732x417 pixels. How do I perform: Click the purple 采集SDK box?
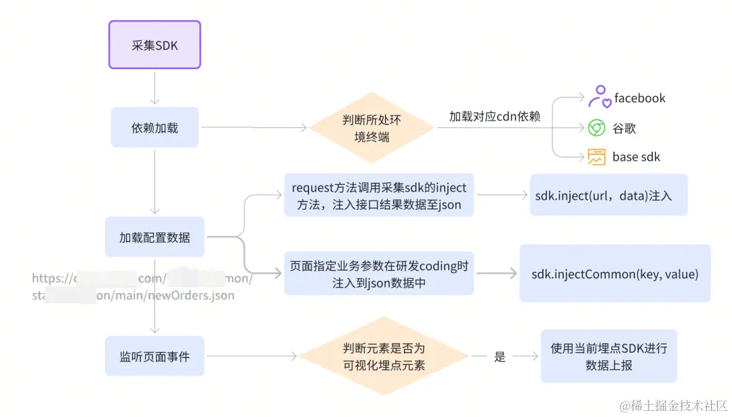(x=155, y=45)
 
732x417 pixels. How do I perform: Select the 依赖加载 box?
(x=155, y=127)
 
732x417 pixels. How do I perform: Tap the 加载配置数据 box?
(x=155, y=238)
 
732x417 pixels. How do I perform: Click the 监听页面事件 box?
(x=155, y=356)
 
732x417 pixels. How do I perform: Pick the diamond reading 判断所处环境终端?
(x=371, y=127)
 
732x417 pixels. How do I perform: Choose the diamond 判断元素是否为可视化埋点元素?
(x=384, y=356)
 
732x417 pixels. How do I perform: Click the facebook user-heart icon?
(x=598, y=97)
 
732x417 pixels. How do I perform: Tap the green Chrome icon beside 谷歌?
(x=596, y=128)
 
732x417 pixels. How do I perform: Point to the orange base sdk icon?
(x=596, y=157)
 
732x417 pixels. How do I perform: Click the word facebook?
(x=639, y=98)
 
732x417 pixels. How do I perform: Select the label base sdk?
(x=636, y=157)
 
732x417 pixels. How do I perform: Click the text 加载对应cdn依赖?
(x=494, y=116)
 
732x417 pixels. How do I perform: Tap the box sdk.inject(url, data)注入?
(x=608, y=196)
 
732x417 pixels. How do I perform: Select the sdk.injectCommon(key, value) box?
(x=615, y=274)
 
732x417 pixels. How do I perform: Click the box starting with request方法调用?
(x=379, y=196)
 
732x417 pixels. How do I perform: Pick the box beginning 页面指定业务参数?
(x=379, y=274)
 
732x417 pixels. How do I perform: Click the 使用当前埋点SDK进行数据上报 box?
(x=608, y=356)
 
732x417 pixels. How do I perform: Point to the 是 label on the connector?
(x=500, y=357)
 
